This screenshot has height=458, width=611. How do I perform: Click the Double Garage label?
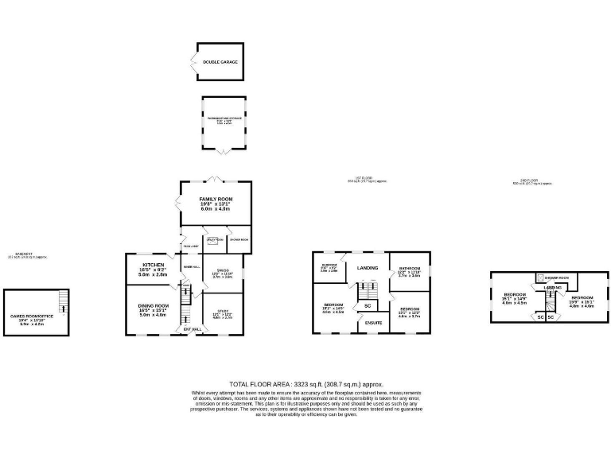tap(220, 61)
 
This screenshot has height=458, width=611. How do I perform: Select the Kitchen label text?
tap(154, 264)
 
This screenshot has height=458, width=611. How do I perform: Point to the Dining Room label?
tap(154, 306)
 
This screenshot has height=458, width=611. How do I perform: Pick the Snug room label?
tap(222, 271)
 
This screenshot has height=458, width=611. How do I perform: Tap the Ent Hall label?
tap(192, 328)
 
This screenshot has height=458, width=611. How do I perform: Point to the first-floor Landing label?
tap(368, 267)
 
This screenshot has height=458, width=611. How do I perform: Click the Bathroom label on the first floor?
tap(410, 270)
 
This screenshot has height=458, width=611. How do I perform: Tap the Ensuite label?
tap(373, 322)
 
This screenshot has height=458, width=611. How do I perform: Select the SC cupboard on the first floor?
tap(368, 305)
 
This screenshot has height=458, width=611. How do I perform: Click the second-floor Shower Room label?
tap(556, 278)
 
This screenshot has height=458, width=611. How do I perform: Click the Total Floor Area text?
tap(305, 383)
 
